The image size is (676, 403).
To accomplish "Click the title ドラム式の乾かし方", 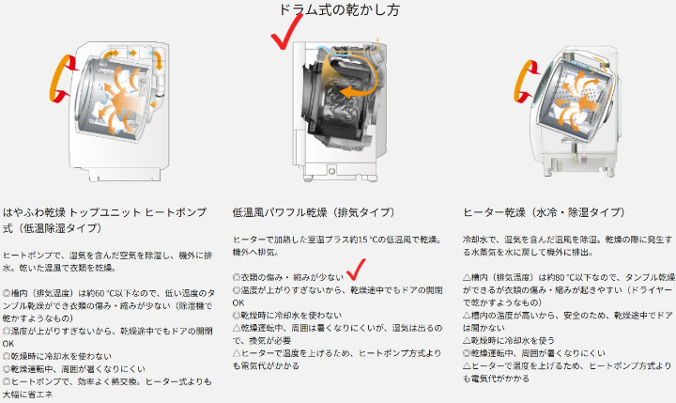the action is [339, 9].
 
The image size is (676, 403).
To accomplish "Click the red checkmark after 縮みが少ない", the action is [356, 270].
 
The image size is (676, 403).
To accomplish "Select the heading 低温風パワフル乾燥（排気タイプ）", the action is [314, 212].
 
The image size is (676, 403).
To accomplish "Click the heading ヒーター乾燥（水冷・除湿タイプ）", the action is [544, 212].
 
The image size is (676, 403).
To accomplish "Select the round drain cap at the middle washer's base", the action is [331, 171].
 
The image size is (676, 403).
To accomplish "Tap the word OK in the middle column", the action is [238, 302].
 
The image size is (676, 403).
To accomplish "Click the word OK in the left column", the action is [8, 344].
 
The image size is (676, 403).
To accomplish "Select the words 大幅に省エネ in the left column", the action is [27, 395].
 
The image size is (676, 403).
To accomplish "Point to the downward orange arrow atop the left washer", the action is [159, 60].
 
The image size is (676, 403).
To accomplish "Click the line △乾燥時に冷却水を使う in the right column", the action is [509, 340].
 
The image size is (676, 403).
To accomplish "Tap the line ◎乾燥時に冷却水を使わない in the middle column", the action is [287, 316].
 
